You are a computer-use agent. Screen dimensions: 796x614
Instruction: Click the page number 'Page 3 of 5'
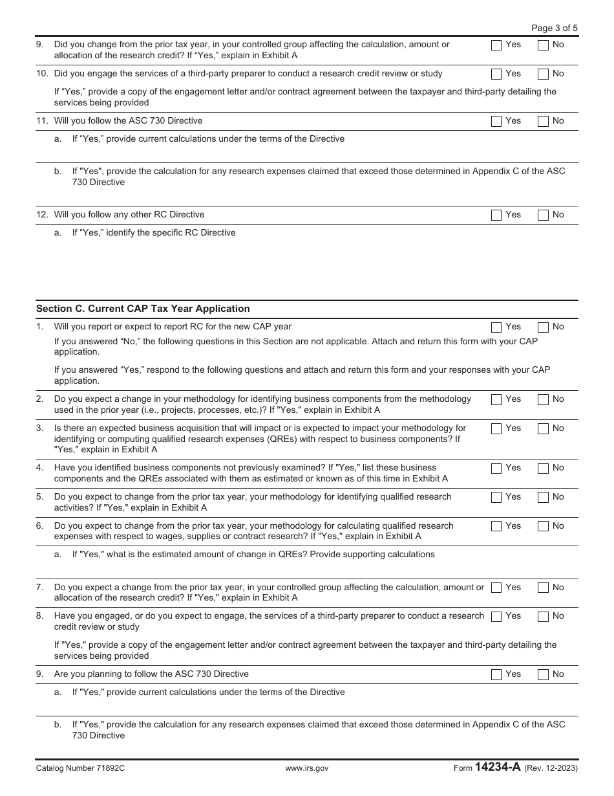point(554,28)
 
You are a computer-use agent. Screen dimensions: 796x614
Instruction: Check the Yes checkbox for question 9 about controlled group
point(496,45)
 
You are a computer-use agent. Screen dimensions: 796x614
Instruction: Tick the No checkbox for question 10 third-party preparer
point(543,74)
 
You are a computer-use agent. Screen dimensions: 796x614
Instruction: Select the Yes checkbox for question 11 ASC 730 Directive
point(496,121)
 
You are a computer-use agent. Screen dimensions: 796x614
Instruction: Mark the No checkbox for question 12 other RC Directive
point(543,215)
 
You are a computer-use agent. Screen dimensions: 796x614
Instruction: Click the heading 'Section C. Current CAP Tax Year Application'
point(143,309)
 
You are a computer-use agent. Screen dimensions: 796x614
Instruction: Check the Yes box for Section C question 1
point(496,327)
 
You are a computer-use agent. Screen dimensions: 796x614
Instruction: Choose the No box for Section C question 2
point(543,400)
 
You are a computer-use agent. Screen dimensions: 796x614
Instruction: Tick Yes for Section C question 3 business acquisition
point(496,429)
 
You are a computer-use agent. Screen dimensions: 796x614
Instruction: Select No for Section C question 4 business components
point(543,469)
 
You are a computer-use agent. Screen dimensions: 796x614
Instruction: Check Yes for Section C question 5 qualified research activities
point(496,498)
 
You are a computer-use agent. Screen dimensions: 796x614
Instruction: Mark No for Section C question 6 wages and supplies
point(543,527)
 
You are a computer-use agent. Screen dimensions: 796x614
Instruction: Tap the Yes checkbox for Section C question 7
point(496,588)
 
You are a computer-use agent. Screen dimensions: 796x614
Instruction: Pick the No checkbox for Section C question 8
point(543,617)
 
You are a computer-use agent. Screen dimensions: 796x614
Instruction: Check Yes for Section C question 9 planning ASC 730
point(496,675)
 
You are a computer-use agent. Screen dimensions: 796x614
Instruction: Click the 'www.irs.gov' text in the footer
point(306,768)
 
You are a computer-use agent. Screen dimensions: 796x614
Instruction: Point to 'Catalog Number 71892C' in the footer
point(80,768)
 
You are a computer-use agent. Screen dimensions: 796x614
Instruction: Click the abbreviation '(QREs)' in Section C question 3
point(270,439)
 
